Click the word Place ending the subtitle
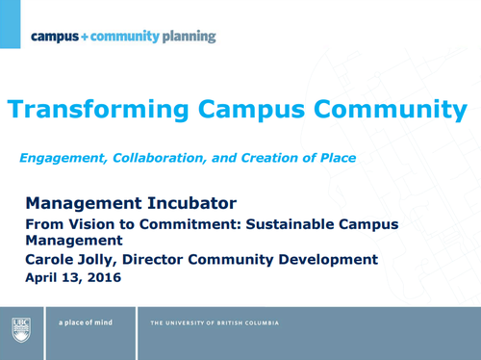tap(333, 158)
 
